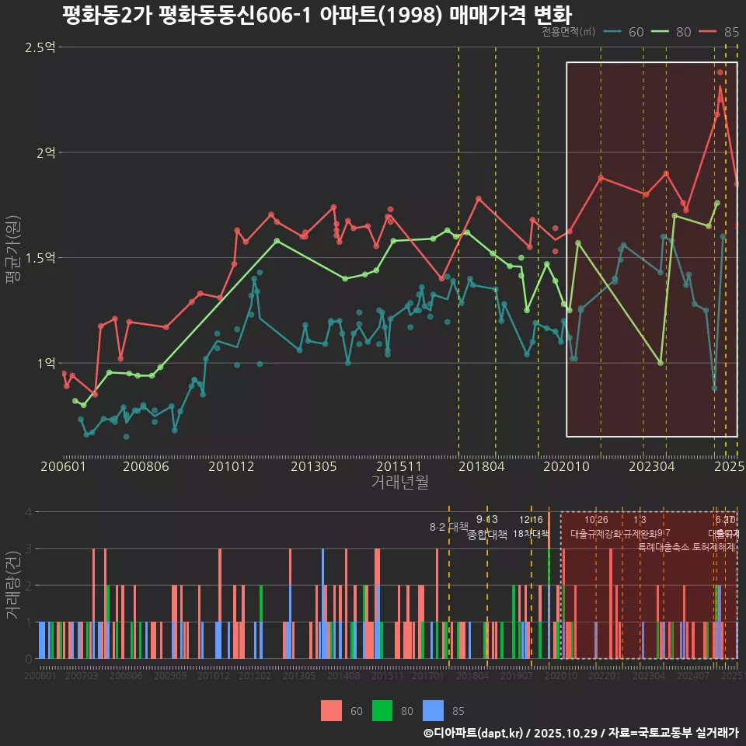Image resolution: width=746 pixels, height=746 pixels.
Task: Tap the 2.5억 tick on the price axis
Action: coord(40,48)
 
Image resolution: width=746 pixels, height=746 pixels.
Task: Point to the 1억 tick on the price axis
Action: coord(45,363)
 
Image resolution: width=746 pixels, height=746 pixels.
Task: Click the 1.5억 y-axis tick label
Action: coord(40,258)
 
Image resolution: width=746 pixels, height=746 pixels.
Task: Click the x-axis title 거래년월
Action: coord(399,483)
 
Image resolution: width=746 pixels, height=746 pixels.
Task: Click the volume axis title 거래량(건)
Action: coord(12,584)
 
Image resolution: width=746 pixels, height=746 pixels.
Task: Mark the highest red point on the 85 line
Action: coord(720,72)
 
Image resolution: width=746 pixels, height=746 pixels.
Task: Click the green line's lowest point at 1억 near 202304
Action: coord(661,363)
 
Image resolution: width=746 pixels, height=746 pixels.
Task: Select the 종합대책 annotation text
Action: coord(487,535)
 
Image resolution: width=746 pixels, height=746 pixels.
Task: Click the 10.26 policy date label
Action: coord(596,520)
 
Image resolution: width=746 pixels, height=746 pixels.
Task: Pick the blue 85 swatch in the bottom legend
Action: coord(433,710)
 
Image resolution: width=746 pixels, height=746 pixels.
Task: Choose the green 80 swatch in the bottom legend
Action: coord(382,710)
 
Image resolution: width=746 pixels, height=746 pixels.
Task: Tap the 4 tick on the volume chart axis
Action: coord(28,512)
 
